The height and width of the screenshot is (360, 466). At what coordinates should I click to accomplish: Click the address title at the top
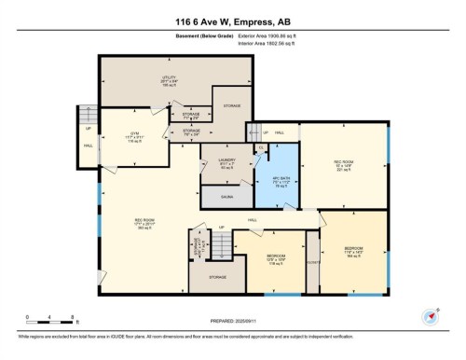[233, 21]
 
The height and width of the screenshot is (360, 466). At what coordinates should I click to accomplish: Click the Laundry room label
[212, 165]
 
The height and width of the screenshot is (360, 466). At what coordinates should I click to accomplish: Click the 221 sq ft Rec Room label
[342, 166]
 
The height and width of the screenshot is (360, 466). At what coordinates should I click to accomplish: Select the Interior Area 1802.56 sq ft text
[273, 45]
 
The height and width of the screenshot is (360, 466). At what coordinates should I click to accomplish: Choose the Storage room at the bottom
[218, 278]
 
